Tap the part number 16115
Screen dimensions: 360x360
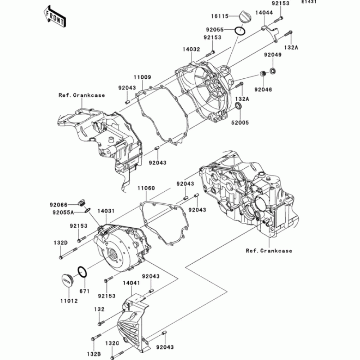tap(220, 16)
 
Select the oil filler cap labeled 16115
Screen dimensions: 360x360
tap(244, 16)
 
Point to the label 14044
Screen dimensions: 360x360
tap(264, 13)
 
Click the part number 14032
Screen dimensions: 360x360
tap(191, 49)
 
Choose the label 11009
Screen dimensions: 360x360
tap(143, 77)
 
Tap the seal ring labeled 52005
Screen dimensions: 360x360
tap(239, 106)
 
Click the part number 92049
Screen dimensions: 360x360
tap(273, 55)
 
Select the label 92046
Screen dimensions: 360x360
tap(263, 90)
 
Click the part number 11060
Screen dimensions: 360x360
tap(146, 188)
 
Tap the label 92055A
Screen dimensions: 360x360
tap(63, 212)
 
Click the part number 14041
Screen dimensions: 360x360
tap(131, 283)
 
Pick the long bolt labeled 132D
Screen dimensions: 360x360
tap(68, 253)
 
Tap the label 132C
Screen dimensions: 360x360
tap(112, 343)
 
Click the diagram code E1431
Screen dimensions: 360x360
tap(309, 2)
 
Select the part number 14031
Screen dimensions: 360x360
tap(106, 211)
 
